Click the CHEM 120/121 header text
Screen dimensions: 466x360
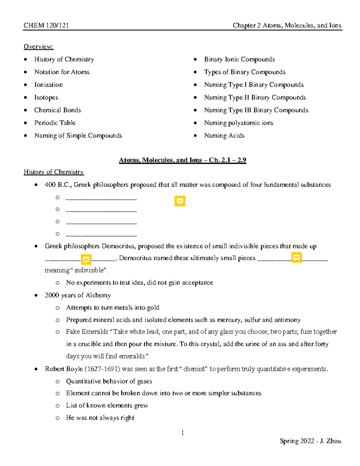click(x=46, y=26)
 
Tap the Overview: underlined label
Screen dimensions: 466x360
click(x=38, y=47)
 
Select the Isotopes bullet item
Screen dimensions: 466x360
click(x=46, y=98)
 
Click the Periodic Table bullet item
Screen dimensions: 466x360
click(x=55, y=123)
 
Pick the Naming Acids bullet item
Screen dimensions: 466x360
click(x=224, y=136)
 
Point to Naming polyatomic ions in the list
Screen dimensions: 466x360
click(x=238, y=123)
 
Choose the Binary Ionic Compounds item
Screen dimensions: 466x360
click(x=239, y=59)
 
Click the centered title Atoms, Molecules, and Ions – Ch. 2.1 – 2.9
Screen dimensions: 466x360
click(x=182, y=160)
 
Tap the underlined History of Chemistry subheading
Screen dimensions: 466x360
click(x=54, y=172)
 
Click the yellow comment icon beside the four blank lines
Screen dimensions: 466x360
click(x=180, y=201)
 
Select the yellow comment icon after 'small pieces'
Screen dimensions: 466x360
click(x=296, y=257)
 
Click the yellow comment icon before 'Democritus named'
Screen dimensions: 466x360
click(x=86, y=259)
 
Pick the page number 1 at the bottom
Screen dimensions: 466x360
click(x=182, y=433)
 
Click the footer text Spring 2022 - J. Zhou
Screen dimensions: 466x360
click(x=310, y=441)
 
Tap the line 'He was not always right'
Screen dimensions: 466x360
click(x=100, y=418)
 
